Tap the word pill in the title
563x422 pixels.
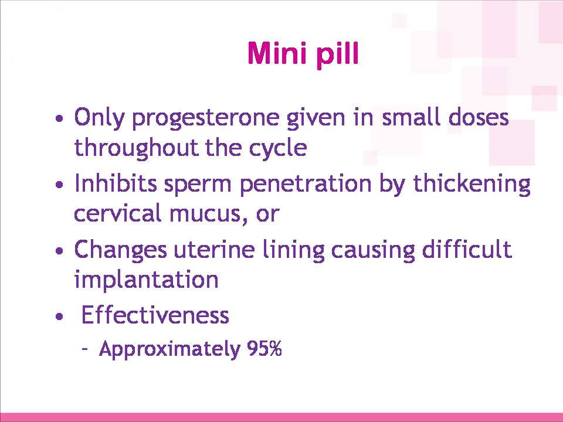338,55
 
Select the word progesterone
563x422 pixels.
205,118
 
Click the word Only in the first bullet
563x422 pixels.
99,117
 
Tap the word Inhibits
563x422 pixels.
116,183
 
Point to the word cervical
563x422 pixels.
117,213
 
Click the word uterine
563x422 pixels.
215,250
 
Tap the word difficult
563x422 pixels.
467,249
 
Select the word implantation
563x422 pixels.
146,280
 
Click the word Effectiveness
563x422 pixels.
155,315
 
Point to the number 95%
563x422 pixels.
264,348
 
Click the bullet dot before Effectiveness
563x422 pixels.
60,317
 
